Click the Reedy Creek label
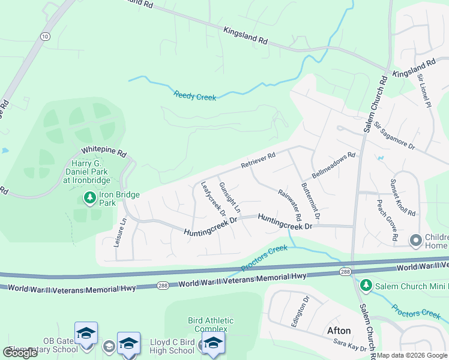point(195,95)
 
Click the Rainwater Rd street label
point(290,204)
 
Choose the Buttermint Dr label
point(311,200)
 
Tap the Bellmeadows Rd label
point(333,162)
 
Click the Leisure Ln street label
point(119,233)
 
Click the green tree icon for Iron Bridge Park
point(89,197)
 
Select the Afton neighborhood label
point(338,331)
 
